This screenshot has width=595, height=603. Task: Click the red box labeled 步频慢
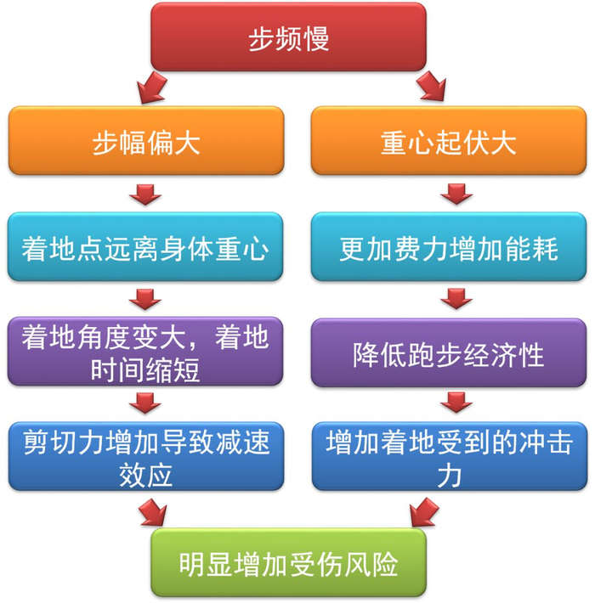(288, 38)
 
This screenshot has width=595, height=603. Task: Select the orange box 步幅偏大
(146, 142)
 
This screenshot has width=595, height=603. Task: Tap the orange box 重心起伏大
(448, 142)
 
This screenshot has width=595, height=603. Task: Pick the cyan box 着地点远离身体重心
(146, 247)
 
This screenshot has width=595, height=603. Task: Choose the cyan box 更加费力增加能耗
(448, 247)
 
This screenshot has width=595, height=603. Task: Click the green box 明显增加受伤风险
(288, 563)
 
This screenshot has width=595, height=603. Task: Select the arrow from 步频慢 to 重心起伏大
(430, 85)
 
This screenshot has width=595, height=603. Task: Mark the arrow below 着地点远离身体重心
(145, 300)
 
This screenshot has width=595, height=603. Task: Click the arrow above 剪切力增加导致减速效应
(145, 403)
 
